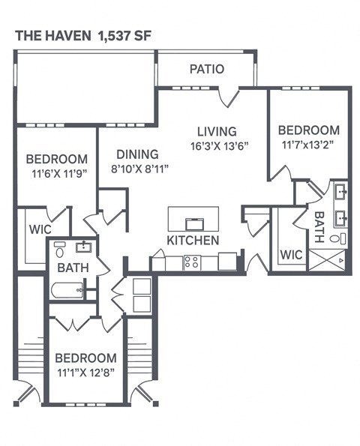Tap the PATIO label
[206, 69]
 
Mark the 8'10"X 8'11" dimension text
[139, 169]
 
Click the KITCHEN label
[193, 241]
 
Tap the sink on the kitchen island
[193, 223]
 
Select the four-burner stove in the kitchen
[191, 262]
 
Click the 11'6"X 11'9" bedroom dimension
[57, 173]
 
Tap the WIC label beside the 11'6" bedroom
[39, 229]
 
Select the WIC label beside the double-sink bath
[291, 255]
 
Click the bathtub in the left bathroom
[67, 289]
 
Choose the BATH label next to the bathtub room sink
[73, 267]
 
